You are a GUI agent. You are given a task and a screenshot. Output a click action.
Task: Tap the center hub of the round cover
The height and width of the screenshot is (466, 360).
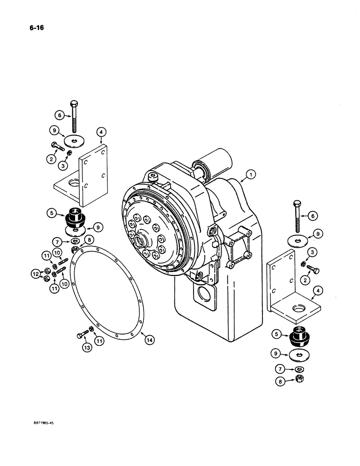tap(140, 241)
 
